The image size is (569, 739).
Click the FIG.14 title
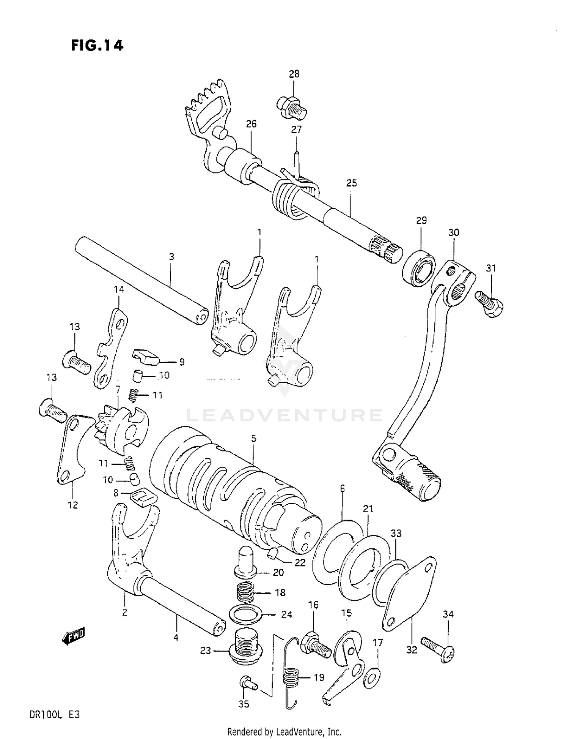[x=97, y=46]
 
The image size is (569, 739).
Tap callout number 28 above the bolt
[x=294, y=74]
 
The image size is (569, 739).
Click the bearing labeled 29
[x=419, y=268]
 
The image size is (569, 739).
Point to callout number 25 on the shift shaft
[x=351, y=183]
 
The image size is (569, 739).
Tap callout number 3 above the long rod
[x=171, y=257]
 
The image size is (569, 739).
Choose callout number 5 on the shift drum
[x=253, y=439]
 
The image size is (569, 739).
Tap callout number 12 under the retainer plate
[x=73, y=505]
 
